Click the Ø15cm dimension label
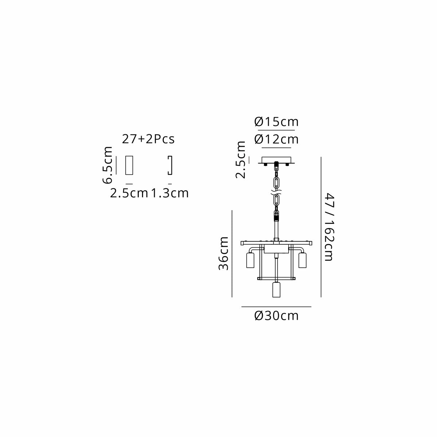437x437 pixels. click(276, 122)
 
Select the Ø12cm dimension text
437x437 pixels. click(276, 139)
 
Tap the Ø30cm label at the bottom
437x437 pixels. click(276, 316)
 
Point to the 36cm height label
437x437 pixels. click(223, 253)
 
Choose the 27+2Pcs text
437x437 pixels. click(148, 139)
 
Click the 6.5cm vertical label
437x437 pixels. click(107, 165)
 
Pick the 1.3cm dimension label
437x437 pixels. click(169, 193)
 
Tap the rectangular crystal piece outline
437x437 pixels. click(129, 165)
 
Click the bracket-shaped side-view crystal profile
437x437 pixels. click(172, 165)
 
